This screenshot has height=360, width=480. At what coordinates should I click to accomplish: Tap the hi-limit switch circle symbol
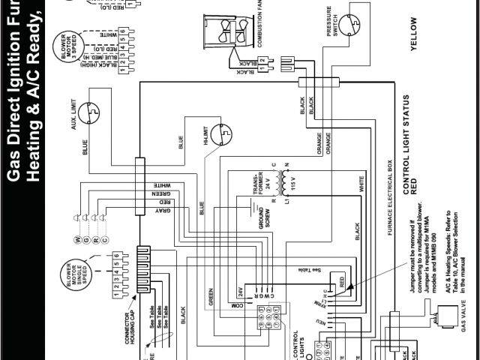[x=220, y=133]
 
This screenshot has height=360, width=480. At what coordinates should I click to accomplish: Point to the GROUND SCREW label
[x=264, y=215]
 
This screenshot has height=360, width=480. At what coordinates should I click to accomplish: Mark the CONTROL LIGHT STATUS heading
[x=406, y=143]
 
